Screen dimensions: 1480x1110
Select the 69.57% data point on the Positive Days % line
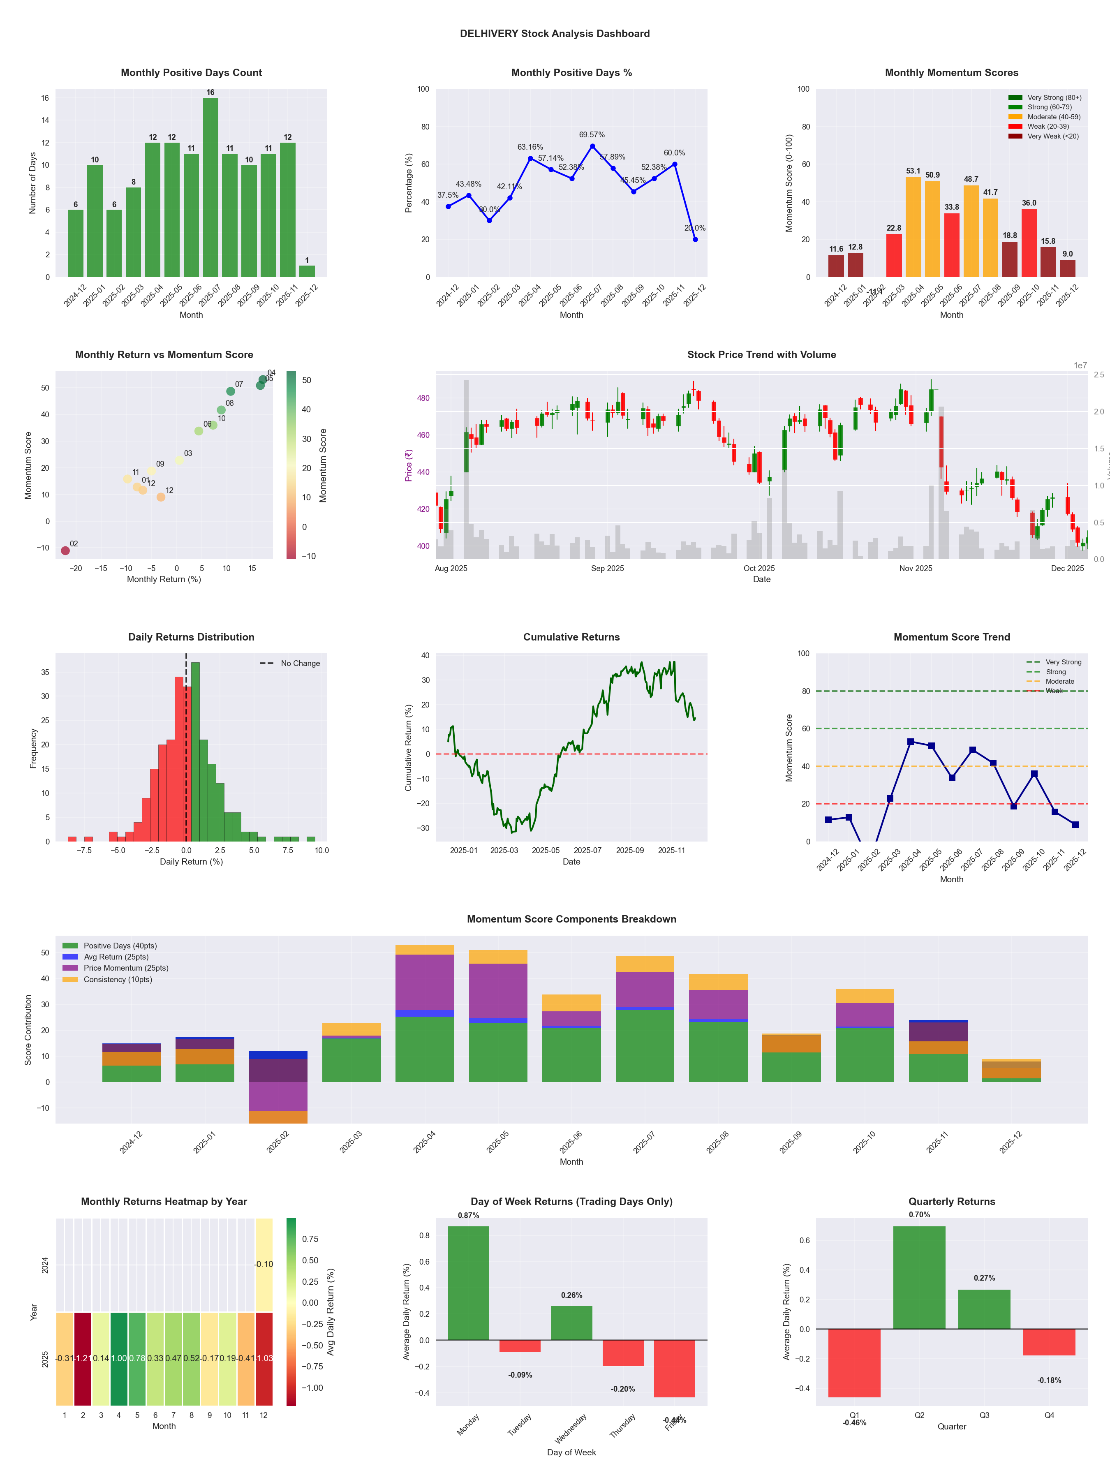tap(592, 146)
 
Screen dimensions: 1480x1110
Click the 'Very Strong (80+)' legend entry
tap(1054, 98)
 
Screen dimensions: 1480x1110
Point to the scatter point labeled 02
tap(65, 550)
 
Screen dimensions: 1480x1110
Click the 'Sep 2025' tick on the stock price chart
tap(607, 569)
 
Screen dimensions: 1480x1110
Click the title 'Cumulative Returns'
tap(571, 637)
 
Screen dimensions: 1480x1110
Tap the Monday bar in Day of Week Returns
tap(468, 1283)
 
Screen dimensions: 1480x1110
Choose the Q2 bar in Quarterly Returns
tap(919, 1278)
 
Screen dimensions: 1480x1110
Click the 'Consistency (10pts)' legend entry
tap(118, 980)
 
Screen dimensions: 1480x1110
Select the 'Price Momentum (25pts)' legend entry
tap(126, 968)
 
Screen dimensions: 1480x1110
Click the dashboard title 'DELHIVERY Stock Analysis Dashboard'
tap(555, 33)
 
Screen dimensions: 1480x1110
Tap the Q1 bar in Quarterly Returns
tap(854, 1363)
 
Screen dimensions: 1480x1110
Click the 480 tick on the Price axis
tap(423, 398)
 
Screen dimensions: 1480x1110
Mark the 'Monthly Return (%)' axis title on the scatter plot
tap(164, 579)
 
